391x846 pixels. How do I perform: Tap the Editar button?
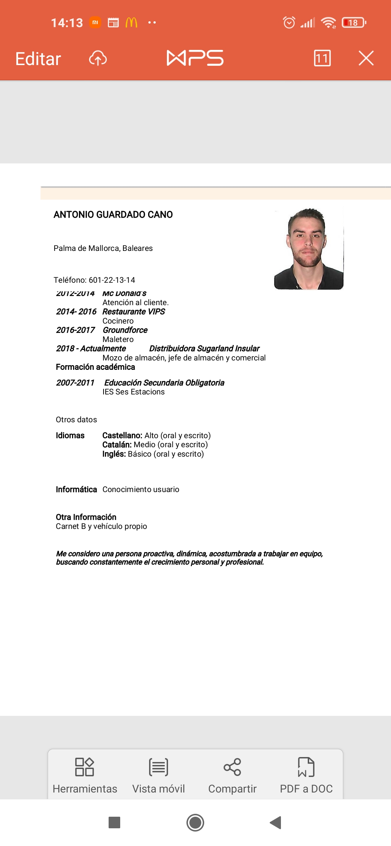point(38,59)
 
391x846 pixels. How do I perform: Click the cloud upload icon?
point(98,58)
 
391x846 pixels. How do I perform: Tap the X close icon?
point(366,58)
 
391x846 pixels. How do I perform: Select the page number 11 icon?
point(322,58)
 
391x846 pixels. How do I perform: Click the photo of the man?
point(308,249)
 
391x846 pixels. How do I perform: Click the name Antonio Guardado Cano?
point(113,215)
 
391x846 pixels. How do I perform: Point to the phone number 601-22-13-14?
point(112,280)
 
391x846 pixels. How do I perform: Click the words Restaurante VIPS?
point(134,312)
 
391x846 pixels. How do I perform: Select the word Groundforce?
point(125,330)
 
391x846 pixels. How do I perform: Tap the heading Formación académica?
point(95,367)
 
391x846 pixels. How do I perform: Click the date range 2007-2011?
point(75,383)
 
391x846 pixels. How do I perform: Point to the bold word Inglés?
point(114,454)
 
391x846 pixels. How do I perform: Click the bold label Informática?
point(76,490)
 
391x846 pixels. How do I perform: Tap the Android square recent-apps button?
point(114,822)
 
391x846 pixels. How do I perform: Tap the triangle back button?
point(276,822)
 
